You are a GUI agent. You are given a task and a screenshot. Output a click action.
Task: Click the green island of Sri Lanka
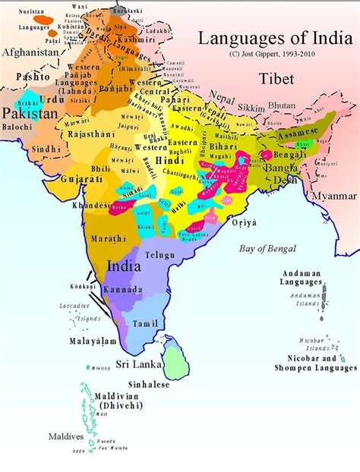177,359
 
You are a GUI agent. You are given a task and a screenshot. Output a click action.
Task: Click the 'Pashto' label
31,77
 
